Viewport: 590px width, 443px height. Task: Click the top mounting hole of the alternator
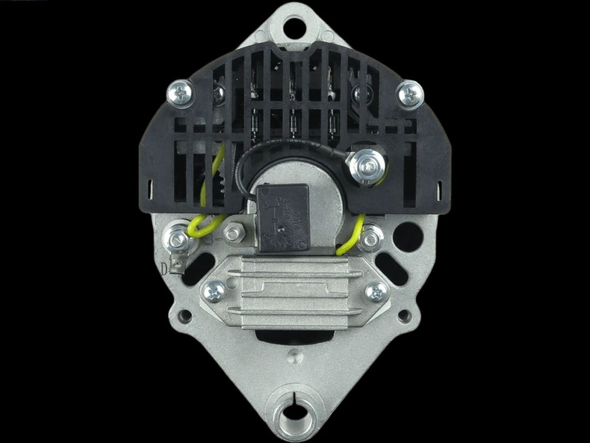pyautogui.click(x=294, y=27)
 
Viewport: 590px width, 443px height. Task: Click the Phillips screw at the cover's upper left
pyautogui.click(x=181, y=93)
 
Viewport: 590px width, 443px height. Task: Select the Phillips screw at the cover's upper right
pyautogui.click(x=410, y=93)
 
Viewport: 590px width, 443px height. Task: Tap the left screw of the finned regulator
pyautogui.click(x=214, y=291)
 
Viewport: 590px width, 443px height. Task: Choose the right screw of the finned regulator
pyautogui.click(x=376, y=291)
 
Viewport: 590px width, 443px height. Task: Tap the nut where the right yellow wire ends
pyautogui.click(x=371, y=237)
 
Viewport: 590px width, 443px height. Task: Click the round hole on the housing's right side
pyautogui.click(x=408, y=237)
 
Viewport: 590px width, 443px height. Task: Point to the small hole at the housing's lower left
pyautogui.click(x=185, y=316)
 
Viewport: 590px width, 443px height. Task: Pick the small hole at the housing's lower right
pyautogui.click(x=404, y=316)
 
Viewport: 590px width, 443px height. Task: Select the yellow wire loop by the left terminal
pyautogui.click(x=204, y=225)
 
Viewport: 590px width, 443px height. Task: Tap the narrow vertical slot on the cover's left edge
pyautogui.click(x=149, y=190)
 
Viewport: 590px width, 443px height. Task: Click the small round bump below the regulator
pyautogui.click(x=294, y=356)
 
